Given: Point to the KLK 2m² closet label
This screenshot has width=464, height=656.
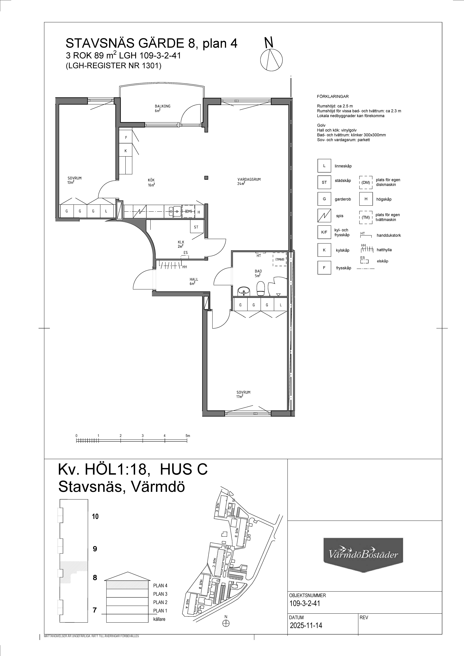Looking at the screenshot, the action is (x=181, y=244).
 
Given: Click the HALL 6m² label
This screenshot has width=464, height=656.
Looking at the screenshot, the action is (x=194, y=281).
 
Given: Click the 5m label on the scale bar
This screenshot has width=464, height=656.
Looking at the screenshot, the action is (x=188, y=436).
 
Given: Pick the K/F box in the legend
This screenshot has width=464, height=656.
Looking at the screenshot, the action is (x=324, y=232).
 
